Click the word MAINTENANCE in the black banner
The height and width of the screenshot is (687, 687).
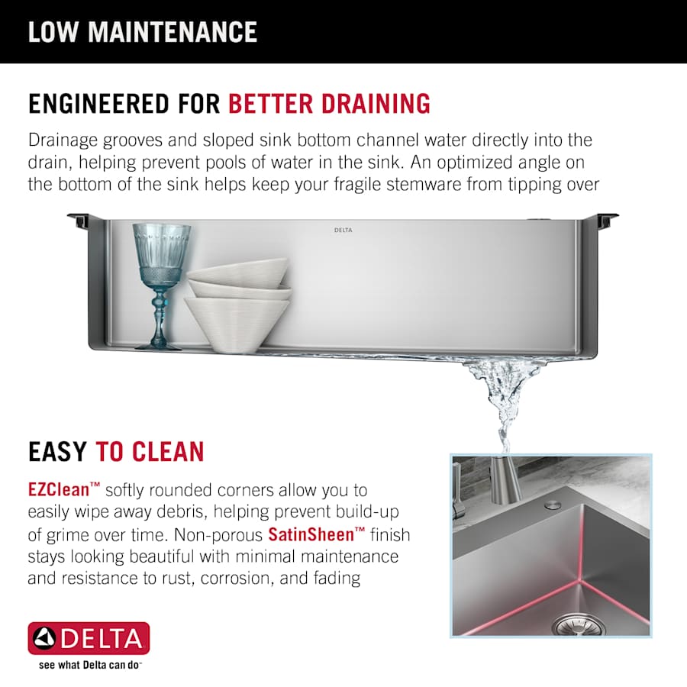(173, 32)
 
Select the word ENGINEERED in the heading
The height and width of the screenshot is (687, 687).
(98, 104)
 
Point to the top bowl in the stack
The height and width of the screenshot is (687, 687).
(238, 272)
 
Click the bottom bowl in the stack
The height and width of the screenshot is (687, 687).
(237, 324)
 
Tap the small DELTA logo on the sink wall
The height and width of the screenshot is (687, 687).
(343, 230)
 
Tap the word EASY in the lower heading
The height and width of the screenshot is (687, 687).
(57, 452)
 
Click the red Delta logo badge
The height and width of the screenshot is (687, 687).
(89, 638)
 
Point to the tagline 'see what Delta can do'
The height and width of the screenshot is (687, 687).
(90, 665)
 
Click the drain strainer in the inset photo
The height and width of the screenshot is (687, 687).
(579, 625)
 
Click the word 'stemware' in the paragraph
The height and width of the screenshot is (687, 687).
(423, 185)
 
